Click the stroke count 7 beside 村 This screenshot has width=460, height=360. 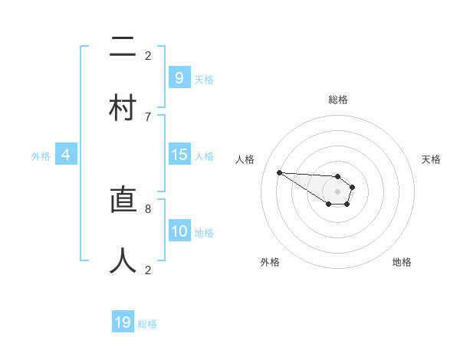pos(148,116)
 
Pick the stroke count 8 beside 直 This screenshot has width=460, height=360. pos(148,208)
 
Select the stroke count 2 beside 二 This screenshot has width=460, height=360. pos(148,55)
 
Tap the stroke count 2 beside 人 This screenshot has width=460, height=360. pos(148,269)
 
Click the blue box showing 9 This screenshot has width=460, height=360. pos(179,77)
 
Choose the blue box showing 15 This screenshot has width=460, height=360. pos(179,155)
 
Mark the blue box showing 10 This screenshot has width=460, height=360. pos(179,231)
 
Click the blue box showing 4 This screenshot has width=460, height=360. pos(65,155)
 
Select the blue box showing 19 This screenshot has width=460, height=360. pos(123,322)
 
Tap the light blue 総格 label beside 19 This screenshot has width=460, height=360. pos(147,324)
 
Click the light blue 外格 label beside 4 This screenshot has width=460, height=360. pos(41,156)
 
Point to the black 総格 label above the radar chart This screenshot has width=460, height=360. pos(338,100)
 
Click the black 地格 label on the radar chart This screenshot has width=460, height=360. pos(402,262)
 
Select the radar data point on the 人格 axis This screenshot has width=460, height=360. pos(279,172)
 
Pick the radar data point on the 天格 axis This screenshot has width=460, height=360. pos(352,187)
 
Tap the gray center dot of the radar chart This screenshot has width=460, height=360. pos(337,191)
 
